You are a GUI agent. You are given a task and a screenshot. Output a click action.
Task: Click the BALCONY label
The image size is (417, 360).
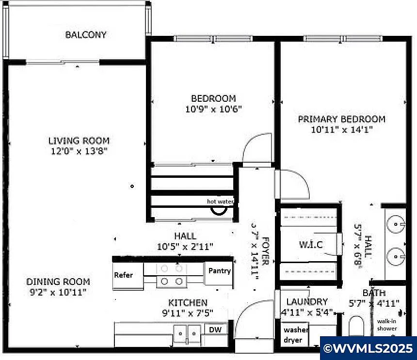(x=86, y=35)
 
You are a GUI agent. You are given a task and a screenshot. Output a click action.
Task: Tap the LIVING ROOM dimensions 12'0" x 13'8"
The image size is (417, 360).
(x=79, y=151)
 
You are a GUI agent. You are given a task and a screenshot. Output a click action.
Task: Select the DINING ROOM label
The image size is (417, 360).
(x=58, y=282)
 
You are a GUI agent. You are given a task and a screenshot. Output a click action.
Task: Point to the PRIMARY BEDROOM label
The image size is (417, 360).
(x=341, y=119)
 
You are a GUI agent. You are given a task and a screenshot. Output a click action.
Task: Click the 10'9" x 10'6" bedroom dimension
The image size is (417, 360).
(x=213, y=109)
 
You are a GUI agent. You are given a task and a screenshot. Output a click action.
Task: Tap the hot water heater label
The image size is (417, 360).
(x=220, y=202)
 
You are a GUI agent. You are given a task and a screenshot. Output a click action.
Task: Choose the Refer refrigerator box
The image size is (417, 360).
(x=124, y=275)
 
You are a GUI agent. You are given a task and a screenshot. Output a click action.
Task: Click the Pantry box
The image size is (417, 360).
(x=219, y=271)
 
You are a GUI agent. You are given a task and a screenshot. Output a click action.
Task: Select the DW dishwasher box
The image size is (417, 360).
(x=215, y=329)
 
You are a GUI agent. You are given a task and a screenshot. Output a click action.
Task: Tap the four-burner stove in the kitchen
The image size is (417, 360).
(x=172, y=274)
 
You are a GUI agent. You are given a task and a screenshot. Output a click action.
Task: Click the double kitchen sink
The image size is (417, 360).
(x=187, y=333)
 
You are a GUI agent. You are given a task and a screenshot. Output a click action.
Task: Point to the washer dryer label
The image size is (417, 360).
(x=296, y=335)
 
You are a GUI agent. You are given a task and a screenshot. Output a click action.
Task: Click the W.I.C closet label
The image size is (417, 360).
(x=310, y=245)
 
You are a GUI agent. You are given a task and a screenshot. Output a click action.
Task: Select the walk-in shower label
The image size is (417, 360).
(x=387, y=325)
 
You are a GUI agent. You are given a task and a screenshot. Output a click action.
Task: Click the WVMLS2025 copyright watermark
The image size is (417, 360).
(x=368, y=348)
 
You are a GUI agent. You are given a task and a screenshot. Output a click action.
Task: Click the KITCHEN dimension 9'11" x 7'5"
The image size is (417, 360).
(x=188, y=313)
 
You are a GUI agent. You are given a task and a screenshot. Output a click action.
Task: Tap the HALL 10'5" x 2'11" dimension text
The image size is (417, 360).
(x=185, y=247)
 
